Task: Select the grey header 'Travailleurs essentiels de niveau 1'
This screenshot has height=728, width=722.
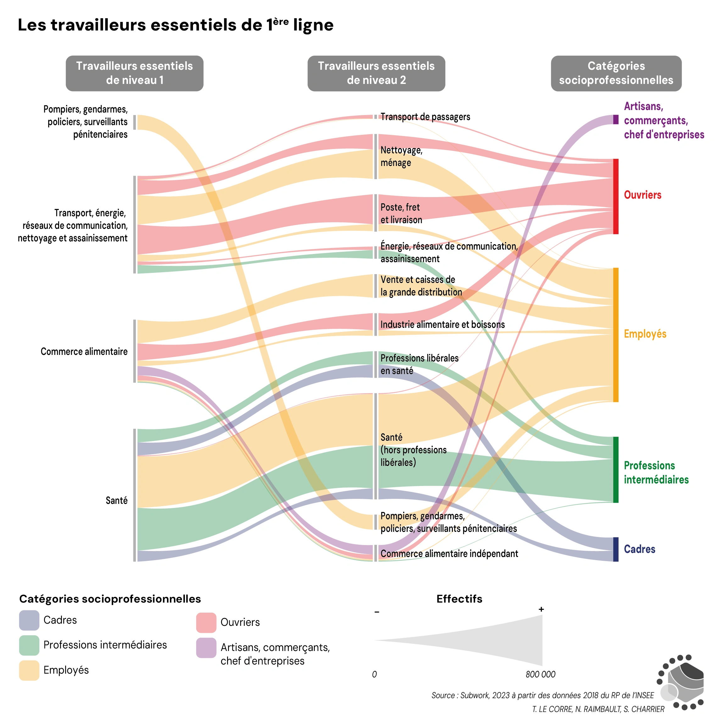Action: tap(135, 73)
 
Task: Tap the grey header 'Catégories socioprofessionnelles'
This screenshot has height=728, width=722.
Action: tap(616, 73)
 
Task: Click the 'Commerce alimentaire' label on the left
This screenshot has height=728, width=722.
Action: tap(84, 351)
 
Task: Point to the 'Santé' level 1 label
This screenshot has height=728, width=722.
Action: tap(116, 500)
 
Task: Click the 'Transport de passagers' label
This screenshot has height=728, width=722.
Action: tap(425, 117)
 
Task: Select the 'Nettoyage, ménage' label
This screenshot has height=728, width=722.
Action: tap(401, 156)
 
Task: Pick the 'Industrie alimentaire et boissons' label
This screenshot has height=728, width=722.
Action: tap(442, 324)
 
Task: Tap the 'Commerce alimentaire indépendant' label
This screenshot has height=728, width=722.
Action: tap(449, 554)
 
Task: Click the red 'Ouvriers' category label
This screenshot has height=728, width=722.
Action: tap(642, 195)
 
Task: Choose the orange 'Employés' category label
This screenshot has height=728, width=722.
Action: tap(645, 334)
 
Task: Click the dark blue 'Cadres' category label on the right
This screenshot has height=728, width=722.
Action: tap(639, 549)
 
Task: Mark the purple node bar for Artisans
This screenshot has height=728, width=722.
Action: tap(616, 119)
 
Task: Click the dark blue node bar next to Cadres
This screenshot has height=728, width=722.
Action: tap(616, 549)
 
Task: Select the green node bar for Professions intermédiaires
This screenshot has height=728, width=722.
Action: tap(616, 470)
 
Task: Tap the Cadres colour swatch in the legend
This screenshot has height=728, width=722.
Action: tap(29, 620)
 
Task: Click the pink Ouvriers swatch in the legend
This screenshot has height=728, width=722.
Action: tap(206, 622)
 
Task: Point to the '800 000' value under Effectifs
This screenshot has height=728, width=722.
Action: tap(540, 674)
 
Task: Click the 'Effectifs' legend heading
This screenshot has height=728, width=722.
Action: tap(459, 599)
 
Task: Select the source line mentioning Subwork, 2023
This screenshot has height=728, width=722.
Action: tap(542, 695)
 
